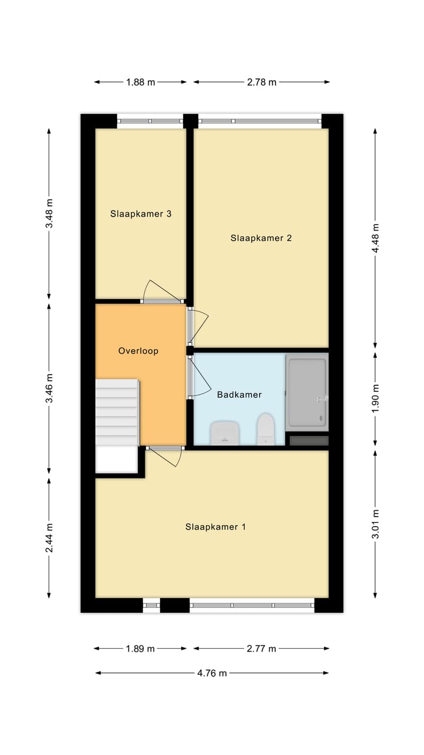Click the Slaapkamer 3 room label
tap(141, 214)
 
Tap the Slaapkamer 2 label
tap(261, 238)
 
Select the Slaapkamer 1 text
tap(216, 527)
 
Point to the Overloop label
tap(138, 350)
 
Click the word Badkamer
tap(239, 394)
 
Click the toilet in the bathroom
tap(266, 429)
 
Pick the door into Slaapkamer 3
tap(162, 293)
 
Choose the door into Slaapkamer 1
tap(165, 455)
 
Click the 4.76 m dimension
tap(212, 673)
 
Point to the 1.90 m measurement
tap(375, 396)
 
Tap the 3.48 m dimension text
tap(49, 214)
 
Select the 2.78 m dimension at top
tap(261, 82)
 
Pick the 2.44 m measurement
tap(49, 537)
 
